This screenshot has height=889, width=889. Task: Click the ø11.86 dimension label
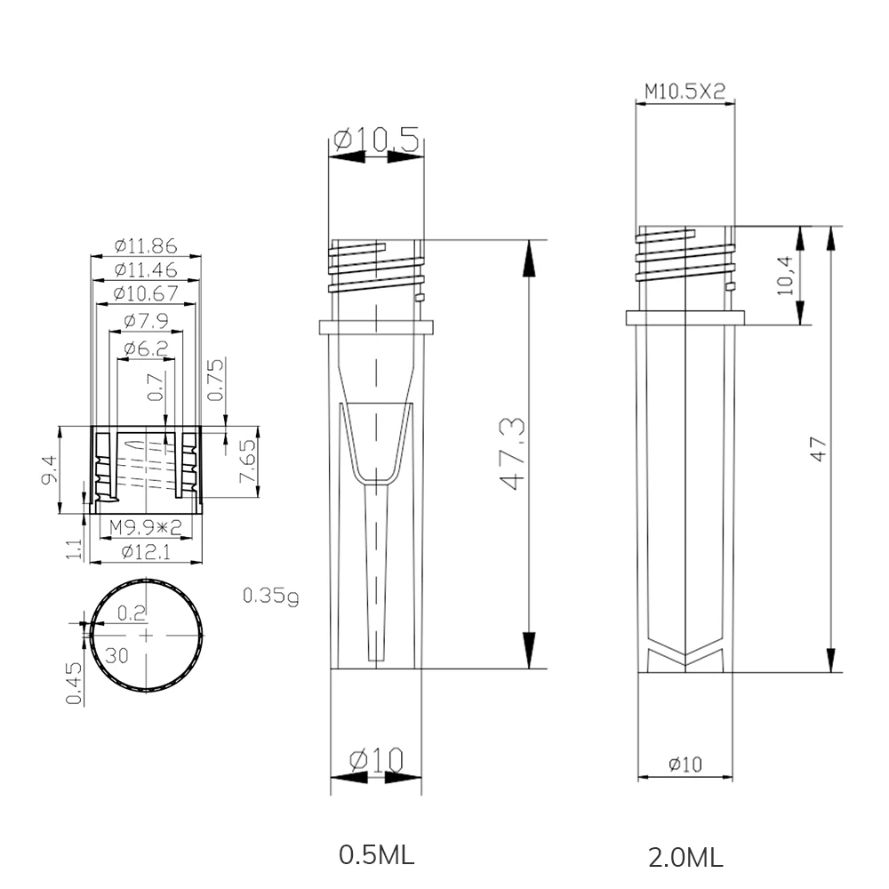pos(147,245)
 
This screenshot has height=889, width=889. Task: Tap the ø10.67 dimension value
pos(147,293)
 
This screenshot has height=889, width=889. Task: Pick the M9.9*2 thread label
pos(146,527)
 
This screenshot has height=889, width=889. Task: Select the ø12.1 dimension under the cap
pos(147,552)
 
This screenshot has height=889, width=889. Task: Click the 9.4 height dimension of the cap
pos(51,470)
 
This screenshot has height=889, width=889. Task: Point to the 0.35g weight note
pos(271,595)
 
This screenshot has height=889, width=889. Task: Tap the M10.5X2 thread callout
pos(685,91)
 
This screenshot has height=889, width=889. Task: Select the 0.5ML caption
pos(376,855)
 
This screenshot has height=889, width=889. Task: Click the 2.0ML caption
pos(685,858)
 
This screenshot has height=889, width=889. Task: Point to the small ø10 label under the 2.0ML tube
pos(685,764)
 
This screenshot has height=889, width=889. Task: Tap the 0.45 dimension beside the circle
pos(74,684)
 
